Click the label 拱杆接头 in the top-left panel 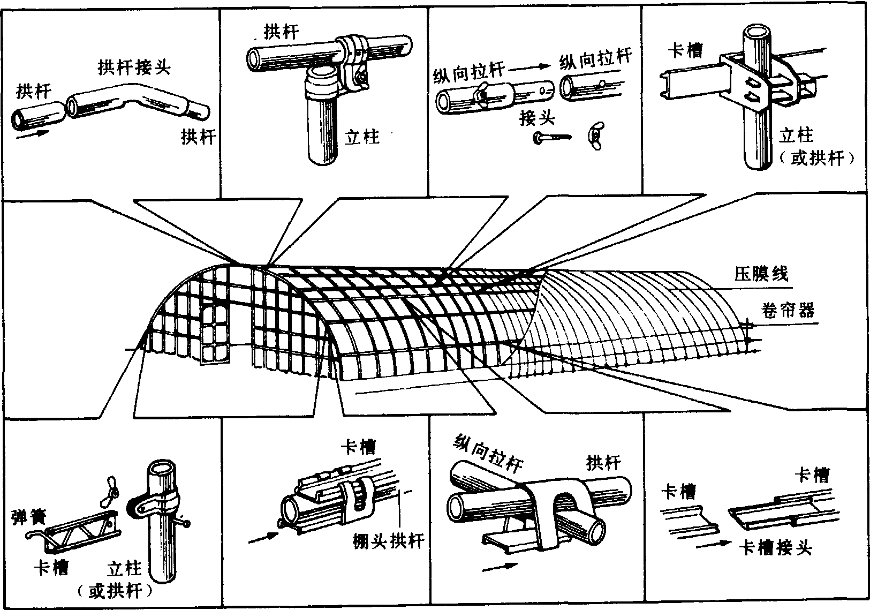tap(134, 67)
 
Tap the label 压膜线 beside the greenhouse tap(761, 274)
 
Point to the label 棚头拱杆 tap(388, 540)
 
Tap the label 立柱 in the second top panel tap(362, 137)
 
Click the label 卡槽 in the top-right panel tap(685, 51)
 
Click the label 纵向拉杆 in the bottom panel tap(488, 453)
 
